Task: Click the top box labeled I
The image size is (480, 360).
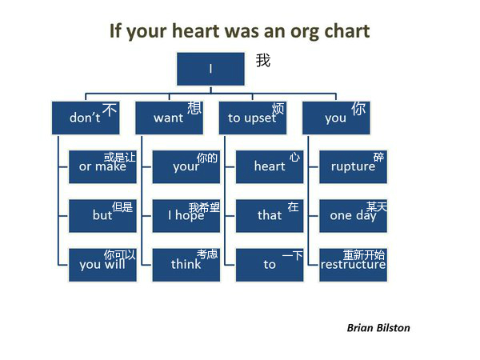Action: tap(210, 69)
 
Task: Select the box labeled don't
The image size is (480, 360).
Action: tap(86, 118)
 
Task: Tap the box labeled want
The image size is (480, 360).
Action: tap(169, 118)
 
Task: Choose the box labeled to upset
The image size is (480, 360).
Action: tap(253, 118)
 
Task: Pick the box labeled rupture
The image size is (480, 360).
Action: tap(353, 167)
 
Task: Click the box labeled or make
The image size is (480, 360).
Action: tap(102, 167)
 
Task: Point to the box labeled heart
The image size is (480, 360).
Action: tap(270, 167)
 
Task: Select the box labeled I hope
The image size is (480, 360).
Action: tap(186, 216)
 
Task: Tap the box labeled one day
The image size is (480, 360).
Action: tap(353, 216)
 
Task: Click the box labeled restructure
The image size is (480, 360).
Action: tap(353, 265)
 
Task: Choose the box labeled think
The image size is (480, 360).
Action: tap(186, 265)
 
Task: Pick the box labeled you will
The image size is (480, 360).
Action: tap(102, 265)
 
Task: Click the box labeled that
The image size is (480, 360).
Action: tap(270, 216)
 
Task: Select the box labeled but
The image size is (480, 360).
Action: tap(102, 216)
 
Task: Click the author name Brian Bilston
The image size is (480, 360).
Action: tap(378, 328)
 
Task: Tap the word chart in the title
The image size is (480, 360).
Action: tap(347, 31)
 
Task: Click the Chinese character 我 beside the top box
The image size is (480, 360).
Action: tap(263, 60)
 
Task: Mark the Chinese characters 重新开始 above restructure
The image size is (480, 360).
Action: tap(364, 254)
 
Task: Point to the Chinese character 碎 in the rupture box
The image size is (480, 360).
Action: tap(378, 157)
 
